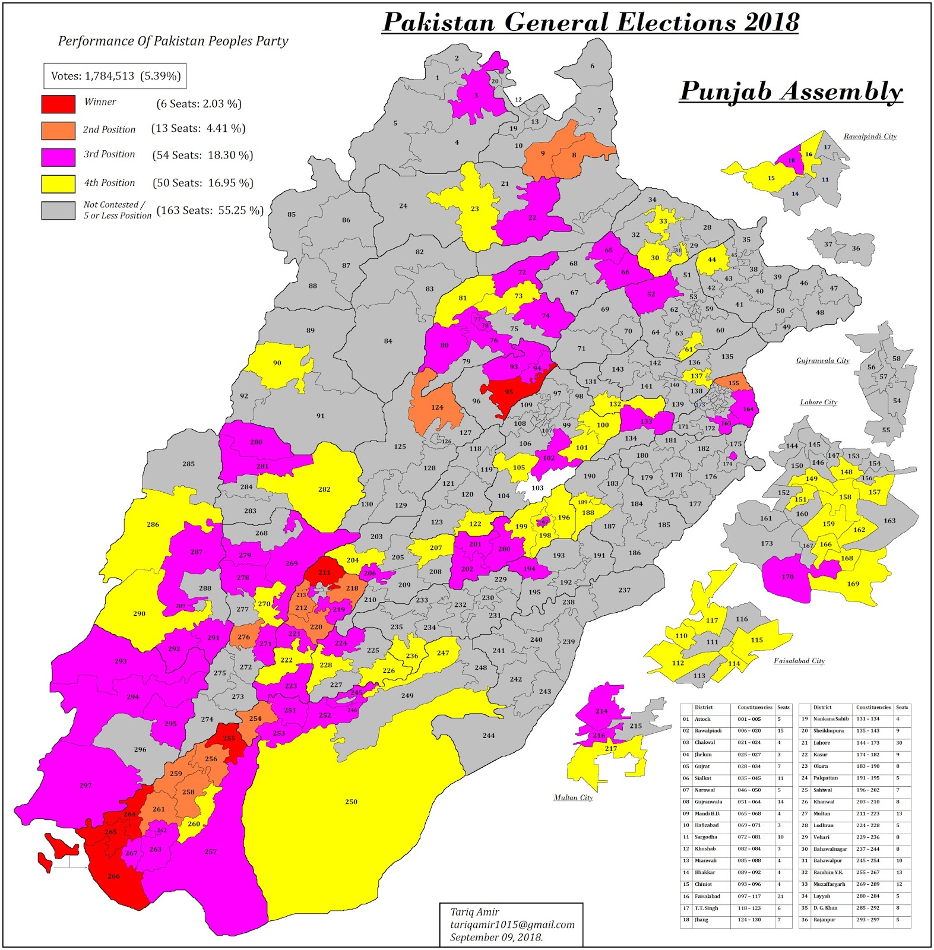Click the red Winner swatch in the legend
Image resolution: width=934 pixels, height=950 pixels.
[58, 104]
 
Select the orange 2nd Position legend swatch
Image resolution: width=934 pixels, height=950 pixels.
[58, 130]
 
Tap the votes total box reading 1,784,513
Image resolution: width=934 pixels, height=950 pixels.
[115, 76]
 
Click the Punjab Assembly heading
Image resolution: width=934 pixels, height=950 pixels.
[790, 91]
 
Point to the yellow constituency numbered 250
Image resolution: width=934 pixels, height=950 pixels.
[352, 802]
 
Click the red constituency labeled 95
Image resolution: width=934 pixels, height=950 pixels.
[509, 392]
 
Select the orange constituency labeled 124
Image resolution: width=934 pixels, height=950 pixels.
[437, 407]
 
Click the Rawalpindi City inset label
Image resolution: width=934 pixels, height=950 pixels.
[870, 137]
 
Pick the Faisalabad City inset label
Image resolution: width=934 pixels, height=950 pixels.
[799, 661]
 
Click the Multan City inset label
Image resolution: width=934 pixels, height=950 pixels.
[573, 797]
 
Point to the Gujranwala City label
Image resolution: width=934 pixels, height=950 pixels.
[822, 360]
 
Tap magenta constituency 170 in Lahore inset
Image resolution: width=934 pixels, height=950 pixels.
[787, 577]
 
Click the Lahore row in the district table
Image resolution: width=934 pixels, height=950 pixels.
[822, 743]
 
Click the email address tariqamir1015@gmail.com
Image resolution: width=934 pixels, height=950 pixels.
[512, 924]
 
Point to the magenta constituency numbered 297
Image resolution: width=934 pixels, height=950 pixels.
[86, 785]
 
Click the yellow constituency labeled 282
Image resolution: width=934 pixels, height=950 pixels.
[324, 489]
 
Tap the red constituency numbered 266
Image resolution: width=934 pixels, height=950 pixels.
[114, 876]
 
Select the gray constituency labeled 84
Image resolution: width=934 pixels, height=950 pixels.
[388, 341]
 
